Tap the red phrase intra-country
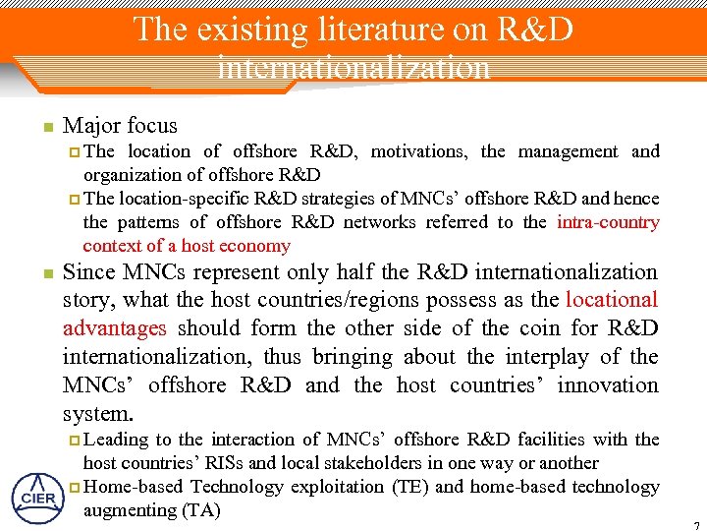click(x=608, y=222)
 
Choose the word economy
click(x=258, y=246)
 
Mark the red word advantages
click(x=115, y=328)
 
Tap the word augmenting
click(x=125, y=510)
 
